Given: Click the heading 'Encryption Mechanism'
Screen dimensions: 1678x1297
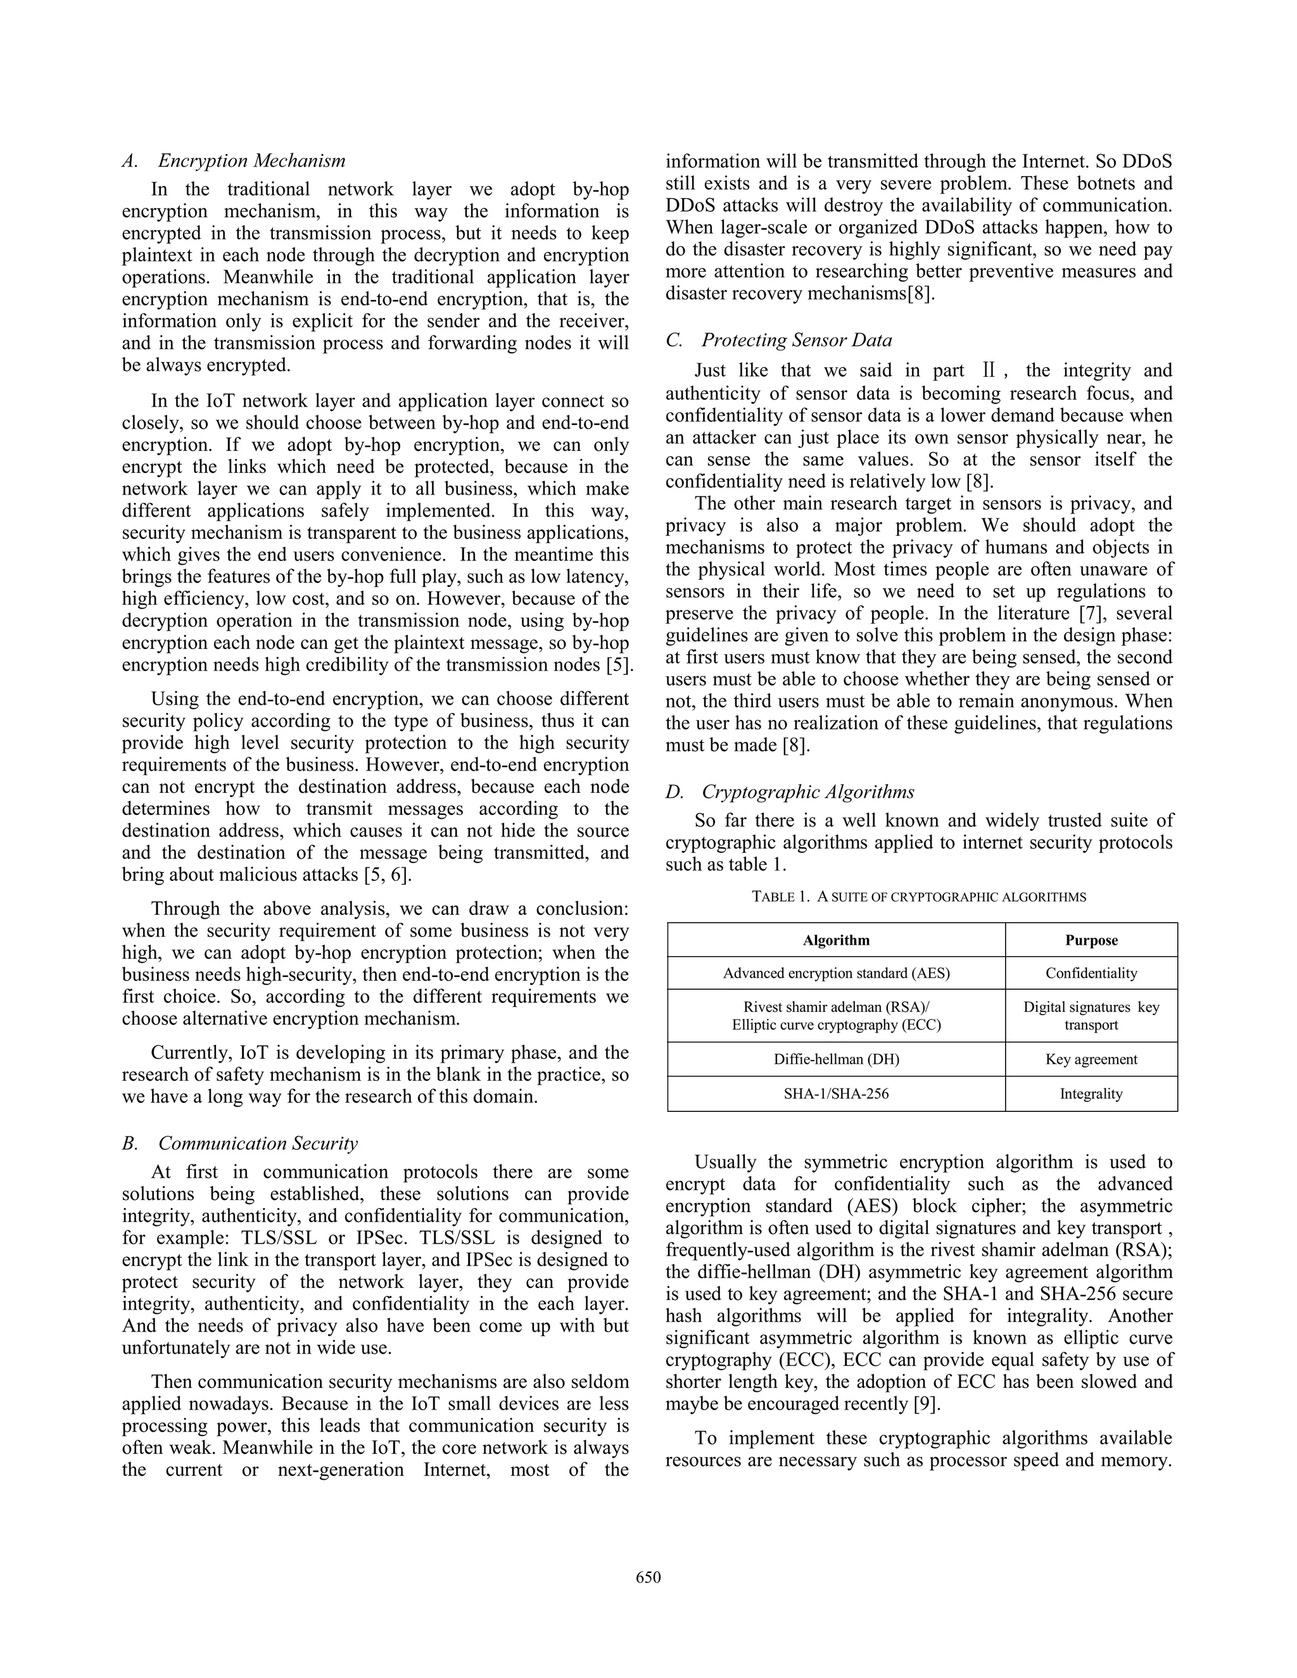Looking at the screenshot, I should click(251, 161).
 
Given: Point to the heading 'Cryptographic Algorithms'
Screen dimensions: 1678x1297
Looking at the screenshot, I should click(807, 792).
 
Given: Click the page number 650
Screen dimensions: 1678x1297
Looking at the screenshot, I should click(648, 1577).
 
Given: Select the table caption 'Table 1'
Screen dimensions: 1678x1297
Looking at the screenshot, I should click(918, 897).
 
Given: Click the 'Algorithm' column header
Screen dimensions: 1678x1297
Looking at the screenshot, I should click(836, 940).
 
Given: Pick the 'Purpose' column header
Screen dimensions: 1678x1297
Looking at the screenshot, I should click(1091, 940).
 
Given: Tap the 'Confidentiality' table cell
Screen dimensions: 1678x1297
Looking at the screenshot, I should click(1091, 973).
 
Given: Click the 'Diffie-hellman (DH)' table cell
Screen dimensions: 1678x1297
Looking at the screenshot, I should click(836, 1059).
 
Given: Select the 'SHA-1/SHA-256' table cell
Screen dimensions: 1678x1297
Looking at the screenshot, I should click(836, 1094).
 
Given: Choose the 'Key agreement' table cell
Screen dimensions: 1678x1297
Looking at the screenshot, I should click(1091, 1059).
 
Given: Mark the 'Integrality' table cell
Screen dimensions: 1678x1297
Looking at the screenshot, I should click(1091, 1094).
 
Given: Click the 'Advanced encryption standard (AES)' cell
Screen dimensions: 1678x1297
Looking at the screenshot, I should click(836, 973).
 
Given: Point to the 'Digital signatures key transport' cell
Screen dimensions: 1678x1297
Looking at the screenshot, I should click(1091, 1016).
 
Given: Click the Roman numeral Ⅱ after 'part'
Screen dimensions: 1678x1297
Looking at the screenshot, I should click(988, 371).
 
